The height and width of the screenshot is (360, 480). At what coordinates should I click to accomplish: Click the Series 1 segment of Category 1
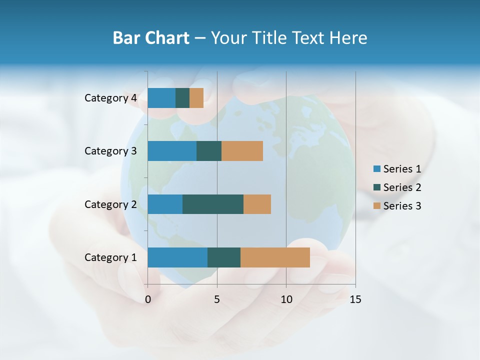(x=177, y=257)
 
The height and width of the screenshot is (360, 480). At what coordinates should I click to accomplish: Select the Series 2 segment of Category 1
(x=224, y=257)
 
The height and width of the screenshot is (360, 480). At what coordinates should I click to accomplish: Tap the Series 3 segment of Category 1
(x=275, y=257)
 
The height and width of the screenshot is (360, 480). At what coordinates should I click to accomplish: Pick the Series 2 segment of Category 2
(x=213, y=204)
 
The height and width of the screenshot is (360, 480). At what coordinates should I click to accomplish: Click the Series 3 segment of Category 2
(x=257, y=204)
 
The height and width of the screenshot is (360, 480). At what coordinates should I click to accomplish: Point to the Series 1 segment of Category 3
(x=172, y=151)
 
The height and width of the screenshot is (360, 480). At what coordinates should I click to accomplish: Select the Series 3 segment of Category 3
(x=242, y=151)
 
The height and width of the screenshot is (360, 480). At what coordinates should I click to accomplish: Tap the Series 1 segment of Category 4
(x=161, y=98)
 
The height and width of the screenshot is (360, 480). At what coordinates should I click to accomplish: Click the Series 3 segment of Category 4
(x=196, y=98)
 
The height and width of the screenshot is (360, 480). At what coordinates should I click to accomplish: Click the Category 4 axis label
(x=110, y=98)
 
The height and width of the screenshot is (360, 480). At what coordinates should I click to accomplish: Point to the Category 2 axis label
(x=110, y=204)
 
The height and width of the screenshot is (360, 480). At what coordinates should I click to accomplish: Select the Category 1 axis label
(x=110, y=257)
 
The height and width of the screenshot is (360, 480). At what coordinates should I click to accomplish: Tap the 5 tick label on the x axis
(x=217, y=299)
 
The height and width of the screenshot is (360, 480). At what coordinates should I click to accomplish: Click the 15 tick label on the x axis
(x=355, y=299)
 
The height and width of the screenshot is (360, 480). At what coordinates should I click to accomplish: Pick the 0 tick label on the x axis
(x=148, y=299)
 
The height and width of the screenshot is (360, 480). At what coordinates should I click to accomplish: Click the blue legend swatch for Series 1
(x=376, y=169)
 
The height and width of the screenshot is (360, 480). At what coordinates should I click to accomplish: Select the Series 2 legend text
(x=402, y=187)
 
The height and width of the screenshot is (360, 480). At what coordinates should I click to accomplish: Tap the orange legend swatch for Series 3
(x=376, y=206)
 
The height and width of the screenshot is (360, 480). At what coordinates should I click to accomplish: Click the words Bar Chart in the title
(x=151, y=38)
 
